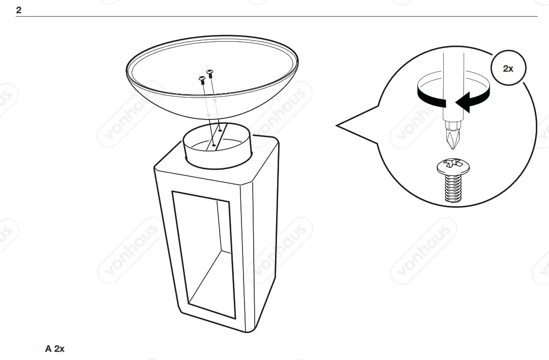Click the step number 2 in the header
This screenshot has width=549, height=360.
19,10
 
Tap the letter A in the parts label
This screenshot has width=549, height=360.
48,349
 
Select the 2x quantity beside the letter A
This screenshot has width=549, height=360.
59,349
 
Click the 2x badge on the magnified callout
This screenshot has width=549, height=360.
508,68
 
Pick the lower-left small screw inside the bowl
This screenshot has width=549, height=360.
201,79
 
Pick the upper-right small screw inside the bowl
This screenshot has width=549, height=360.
209,73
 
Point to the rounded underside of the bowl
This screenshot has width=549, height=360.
213,109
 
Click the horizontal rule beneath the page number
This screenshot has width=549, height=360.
274,17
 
